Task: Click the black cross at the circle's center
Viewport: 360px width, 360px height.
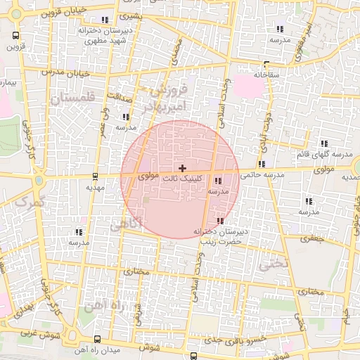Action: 182,168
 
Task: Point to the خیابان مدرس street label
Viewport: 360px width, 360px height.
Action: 65,72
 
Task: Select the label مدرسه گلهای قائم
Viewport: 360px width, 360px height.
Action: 330,154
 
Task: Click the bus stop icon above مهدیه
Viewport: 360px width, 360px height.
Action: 95,176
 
